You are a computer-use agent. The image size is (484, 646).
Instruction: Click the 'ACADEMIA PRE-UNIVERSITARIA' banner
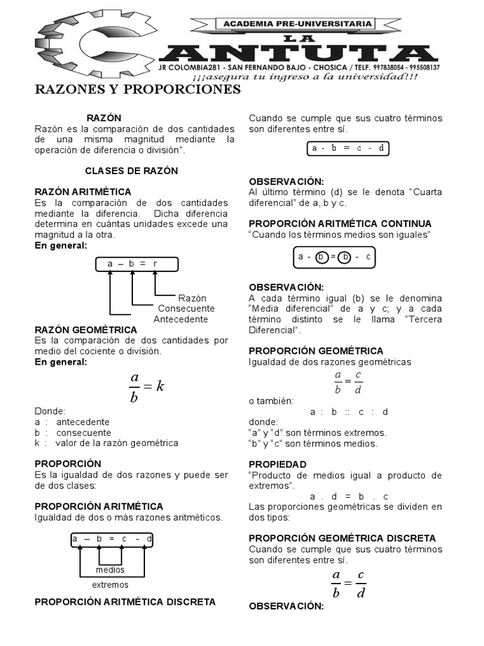coord(296,24)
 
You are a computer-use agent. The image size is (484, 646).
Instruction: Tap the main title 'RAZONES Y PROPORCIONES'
coord(137,90)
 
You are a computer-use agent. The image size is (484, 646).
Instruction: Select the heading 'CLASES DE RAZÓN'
coord(132,171)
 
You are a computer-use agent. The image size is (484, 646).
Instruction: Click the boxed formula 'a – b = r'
coord(136,264)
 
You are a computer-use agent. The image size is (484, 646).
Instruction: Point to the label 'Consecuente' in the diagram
coord(186,308)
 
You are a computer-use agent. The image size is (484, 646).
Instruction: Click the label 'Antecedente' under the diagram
coord(181,319)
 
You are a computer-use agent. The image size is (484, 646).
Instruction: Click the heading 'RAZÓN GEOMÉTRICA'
coord(86,330)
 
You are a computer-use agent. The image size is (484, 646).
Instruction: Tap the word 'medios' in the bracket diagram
coord(110,570)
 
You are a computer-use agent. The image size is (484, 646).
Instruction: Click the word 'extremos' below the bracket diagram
coord(110,585)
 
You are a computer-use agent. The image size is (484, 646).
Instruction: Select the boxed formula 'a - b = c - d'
coord(348,149)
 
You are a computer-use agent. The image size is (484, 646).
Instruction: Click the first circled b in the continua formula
coord(322,257)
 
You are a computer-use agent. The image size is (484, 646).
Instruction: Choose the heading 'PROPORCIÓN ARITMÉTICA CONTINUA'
coord(340,224)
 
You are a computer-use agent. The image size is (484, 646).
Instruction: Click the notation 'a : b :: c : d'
coord(349,412)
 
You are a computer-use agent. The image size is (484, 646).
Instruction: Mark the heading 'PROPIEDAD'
coord(278,464)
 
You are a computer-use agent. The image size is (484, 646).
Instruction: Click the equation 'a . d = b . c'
coord(349,496)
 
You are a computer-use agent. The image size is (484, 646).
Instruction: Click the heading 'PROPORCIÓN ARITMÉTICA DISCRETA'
coord(125,601)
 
